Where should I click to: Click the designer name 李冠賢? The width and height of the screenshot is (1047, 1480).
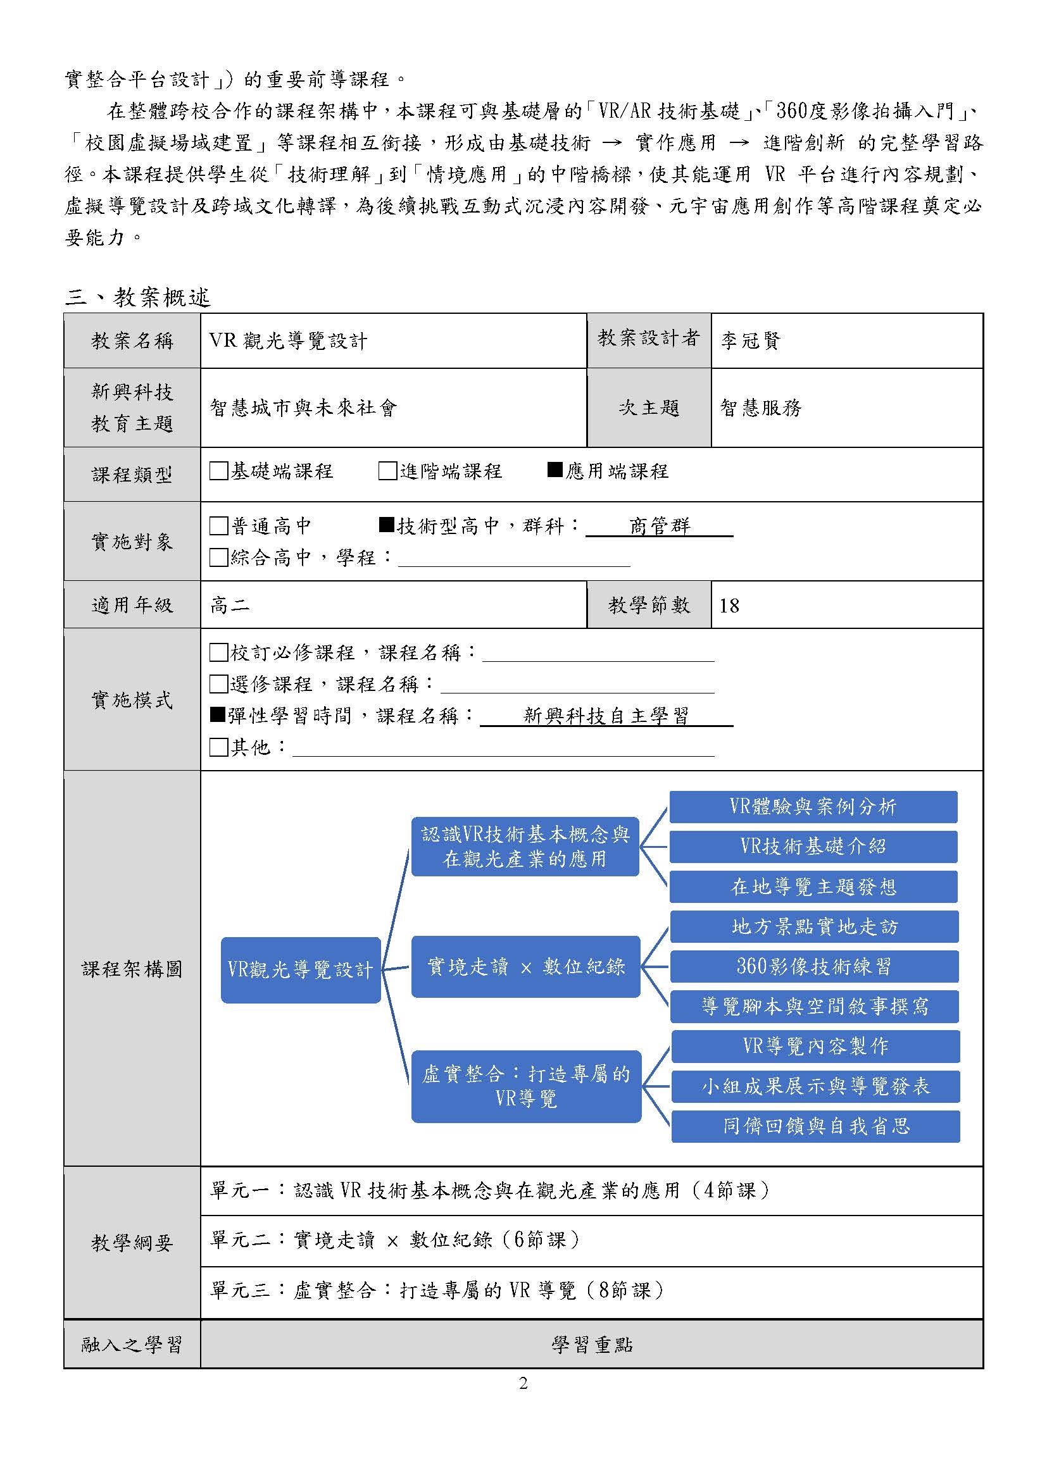(749, 340)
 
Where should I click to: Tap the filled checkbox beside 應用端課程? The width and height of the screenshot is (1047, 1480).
(555, 470)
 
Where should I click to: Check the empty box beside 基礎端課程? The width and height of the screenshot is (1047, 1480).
(219, 471)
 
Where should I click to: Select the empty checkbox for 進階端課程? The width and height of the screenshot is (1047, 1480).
(387, 471)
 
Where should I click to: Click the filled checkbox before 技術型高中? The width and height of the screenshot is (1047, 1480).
(386, 525)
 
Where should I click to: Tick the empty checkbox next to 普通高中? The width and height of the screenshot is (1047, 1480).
(219, 526)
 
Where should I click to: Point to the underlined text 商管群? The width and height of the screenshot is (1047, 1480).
(660, 526)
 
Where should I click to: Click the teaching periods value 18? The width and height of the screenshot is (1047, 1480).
(729, 606)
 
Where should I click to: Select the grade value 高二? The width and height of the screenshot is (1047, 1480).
(230, 606)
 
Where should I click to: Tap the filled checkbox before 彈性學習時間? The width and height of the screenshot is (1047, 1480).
(217, 715)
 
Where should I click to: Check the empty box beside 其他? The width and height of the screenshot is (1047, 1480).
(219, 747)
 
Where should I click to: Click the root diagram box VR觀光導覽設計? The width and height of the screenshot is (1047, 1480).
(301, 969)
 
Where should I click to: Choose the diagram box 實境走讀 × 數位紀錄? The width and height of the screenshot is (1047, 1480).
(525, 967)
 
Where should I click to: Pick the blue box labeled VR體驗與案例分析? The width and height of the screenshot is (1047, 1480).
(813, 807)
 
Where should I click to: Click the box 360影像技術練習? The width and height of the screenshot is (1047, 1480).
(814, 966)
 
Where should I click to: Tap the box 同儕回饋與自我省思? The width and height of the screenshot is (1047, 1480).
(815, 1126)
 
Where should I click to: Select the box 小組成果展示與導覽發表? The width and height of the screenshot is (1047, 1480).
(815, 1087)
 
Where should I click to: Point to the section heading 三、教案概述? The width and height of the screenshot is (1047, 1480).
(138, 297)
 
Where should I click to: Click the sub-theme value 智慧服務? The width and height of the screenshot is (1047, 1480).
(760, 407)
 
